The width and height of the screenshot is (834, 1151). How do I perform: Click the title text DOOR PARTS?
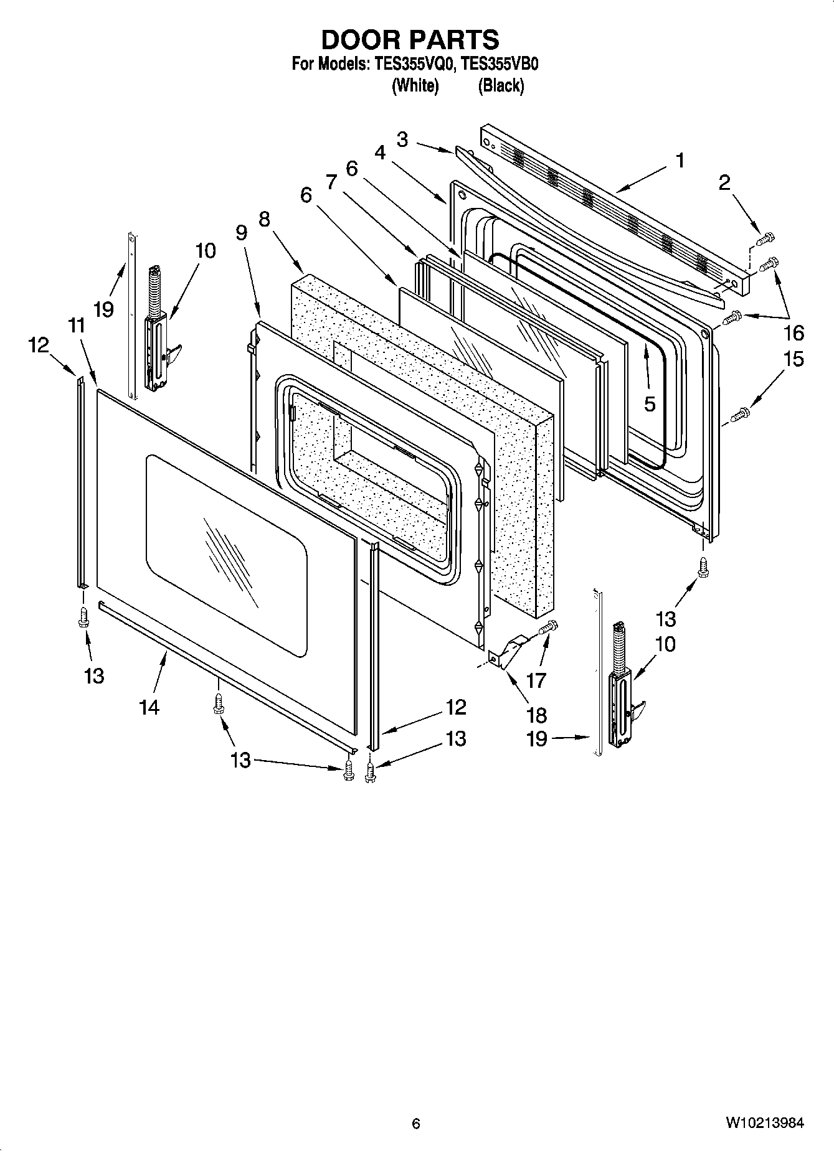point(410,39)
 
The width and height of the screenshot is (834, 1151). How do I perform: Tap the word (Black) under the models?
point(500,85)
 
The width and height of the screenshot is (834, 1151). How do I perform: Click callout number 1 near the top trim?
point(680,161)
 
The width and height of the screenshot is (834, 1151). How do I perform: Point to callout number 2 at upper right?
point(724,182)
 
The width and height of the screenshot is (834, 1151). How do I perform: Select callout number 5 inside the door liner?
point(650,404)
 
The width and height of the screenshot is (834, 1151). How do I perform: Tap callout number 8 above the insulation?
point(264,219)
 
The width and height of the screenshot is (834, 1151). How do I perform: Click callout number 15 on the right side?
point(794,359)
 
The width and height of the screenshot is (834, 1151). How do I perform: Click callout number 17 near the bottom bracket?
point(536,680)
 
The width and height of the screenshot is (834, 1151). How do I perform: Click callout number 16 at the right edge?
point(794,333)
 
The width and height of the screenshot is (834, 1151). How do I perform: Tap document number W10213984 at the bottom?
point(764,1124)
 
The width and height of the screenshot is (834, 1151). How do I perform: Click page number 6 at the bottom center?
point(416,1124)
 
